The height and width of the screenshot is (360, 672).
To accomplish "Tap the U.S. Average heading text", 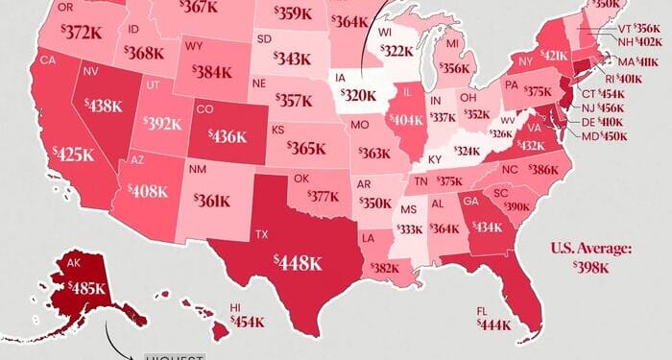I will [591, 249].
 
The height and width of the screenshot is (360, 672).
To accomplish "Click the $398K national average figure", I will [591, 268].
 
